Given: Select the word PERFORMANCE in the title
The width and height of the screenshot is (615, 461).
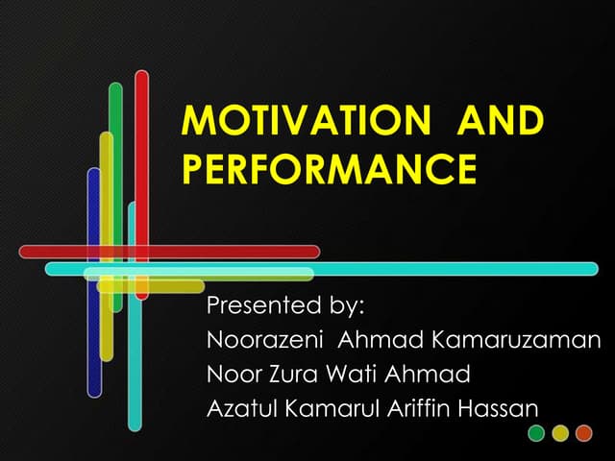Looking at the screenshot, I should [329, 169].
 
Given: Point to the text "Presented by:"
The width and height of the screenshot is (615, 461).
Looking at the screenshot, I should [287, 308].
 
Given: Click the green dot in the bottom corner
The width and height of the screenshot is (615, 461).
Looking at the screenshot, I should [537, 433].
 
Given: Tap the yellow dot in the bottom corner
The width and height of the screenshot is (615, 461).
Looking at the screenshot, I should [560, 433].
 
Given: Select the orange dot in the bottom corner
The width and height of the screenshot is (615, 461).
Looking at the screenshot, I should [583, 433].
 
